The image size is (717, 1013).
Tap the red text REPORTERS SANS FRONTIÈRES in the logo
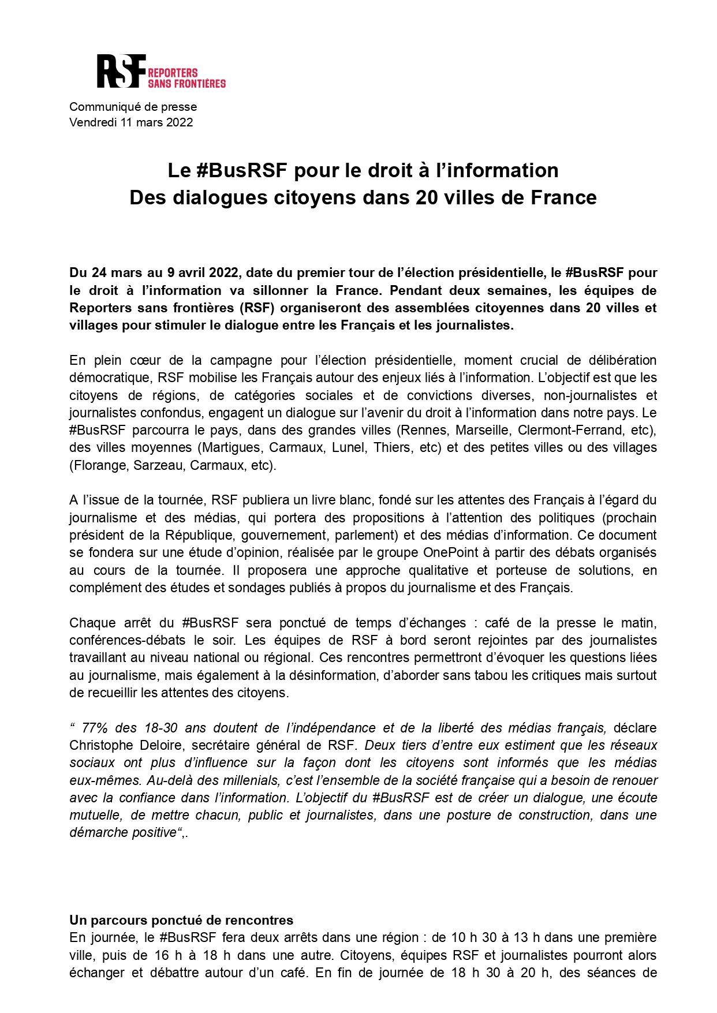(x=186, y=78)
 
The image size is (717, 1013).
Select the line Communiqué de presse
(x=133, y=107)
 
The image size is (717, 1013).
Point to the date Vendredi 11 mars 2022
(x=131, y=122)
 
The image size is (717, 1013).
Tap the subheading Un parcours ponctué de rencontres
(x=181, y=920)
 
